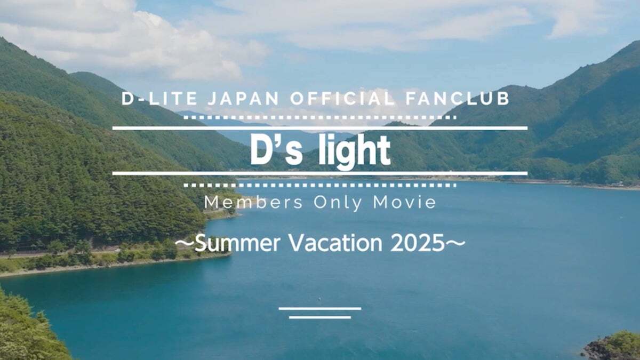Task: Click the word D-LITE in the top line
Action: [x=159, y=99]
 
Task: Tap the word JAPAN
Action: [x=243, y=99]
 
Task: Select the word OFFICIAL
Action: [x=343, y=99]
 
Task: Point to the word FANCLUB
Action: [x=458, y=99]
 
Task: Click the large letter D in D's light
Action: [x=261, y=150]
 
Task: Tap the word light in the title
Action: [x=355, y=151]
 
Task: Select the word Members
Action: [x=253, y=202]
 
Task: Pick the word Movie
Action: [x=405, y=202]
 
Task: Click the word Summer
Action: [x=237, y=243]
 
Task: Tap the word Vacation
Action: [x=336, y=243]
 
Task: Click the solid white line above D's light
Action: [x=320, y=129]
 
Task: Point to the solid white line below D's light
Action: [x=320, y=173]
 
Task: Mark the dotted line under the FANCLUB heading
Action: [x=320, y=117]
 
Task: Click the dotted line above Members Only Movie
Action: [x=320, y=186]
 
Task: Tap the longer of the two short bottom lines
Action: [x=320, y=309]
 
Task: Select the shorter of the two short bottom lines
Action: [x=320, y=317]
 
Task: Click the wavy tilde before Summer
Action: [x=185, y=243]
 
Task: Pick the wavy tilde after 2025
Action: [x=455, y=243]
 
